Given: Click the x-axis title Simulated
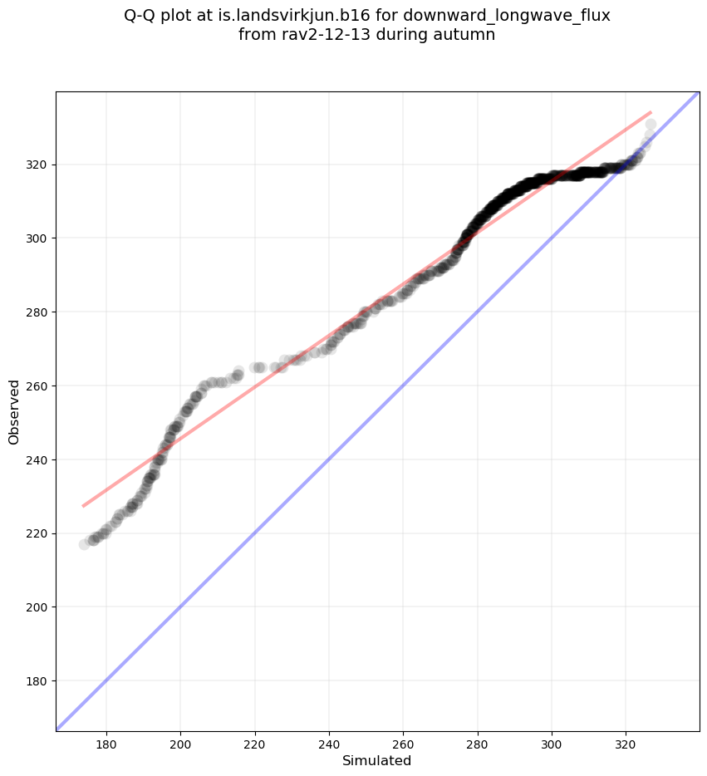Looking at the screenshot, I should tap(377, 760).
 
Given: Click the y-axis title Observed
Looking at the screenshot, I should tap(14, 411).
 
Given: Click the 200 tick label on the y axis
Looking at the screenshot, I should tap(37, 607).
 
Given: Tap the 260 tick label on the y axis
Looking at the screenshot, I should tap(37, 386).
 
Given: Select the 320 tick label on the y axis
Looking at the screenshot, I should tap(37, 165).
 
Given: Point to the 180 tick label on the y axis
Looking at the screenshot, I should tap(37, 681).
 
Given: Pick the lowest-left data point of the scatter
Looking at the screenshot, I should tap(84, 544).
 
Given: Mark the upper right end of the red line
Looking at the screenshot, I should tap(651, 111).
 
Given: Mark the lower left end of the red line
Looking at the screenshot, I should tap(82, 506).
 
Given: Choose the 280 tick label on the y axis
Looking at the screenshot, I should tap(37, 312).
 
